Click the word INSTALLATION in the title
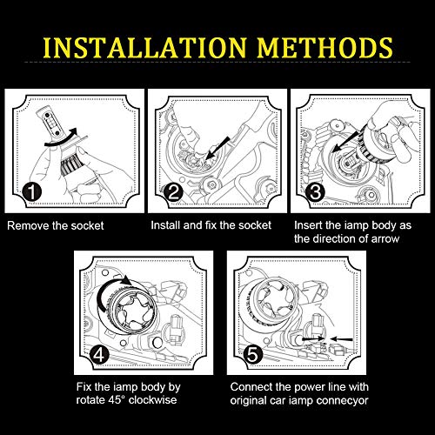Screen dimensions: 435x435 point(144,48)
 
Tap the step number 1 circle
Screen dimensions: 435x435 point(32,191)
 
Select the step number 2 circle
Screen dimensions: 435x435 point(173,192)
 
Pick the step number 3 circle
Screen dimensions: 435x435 point(315,191)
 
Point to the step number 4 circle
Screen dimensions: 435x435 point(99,354)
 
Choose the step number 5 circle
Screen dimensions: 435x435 point(252,354)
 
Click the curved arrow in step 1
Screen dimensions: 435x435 point(61,137)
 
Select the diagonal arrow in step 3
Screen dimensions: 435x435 point(347,141)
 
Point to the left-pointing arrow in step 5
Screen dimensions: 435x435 point(342,339)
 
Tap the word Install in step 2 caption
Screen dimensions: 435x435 point(166,225)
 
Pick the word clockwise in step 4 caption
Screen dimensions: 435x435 point(152,400)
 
